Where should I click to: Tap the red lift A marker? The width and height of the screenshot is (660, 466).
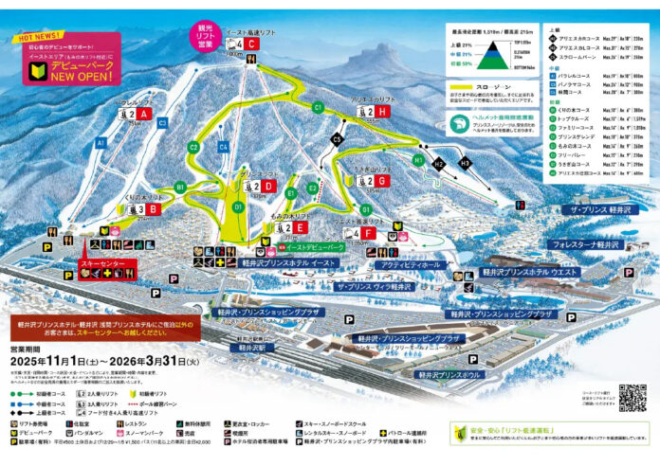[144, 114]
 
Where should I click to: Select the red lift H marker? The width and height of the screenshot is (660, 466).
[382, 112]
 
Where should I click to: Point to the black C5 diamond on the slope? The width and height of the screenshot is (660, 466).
[336, 139]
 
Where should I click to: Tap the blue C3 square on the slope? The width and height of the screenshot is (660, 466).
[163, 122]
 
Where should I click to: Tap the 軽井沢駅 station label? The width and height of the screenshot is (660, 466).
[256, 348]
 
